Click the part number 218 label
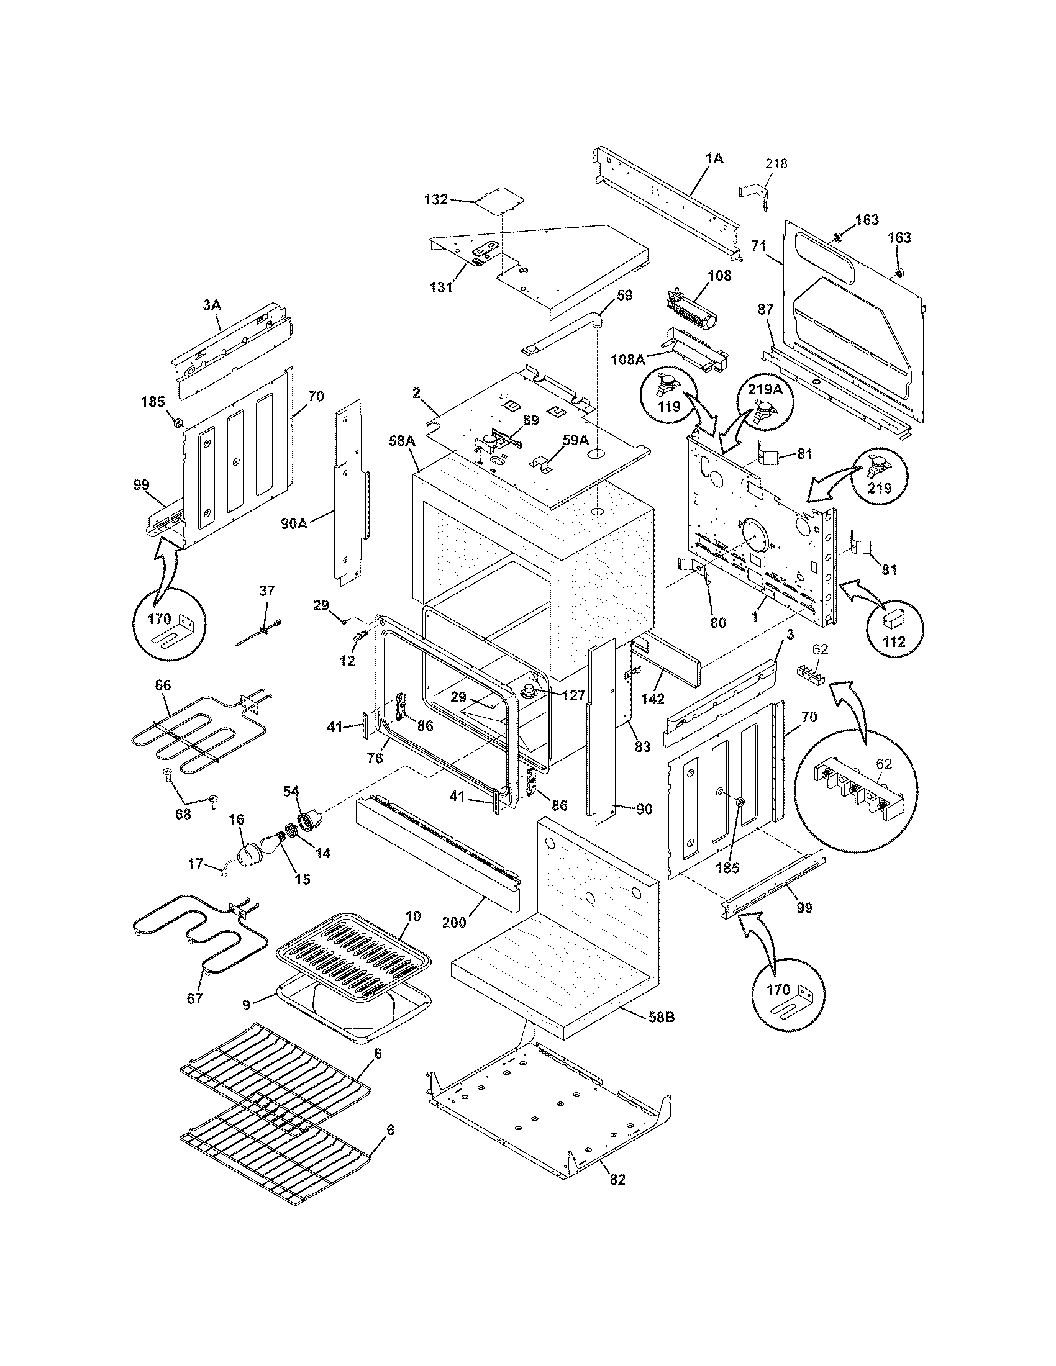776,164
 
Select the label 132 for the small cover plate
436,199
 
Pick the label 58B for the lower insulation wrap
661,1018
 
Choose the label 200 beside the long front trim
454,922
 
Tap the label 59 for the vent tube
624,295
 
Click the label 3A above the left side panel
211,305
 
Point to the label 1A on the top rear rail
714,158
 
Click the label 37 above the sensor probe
267,590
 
